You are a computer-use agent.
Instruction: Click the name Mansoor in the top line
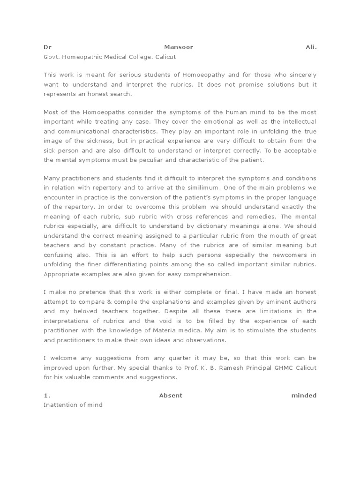(178, 47)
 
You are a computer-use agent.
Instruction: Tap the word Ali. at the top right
(309, 47)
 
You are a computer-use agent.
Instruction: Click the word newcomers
(291, 255)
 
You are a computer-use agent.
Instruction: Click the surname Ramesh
(223, 367)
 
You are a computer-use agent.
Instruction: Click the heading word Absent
(171, 395)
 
